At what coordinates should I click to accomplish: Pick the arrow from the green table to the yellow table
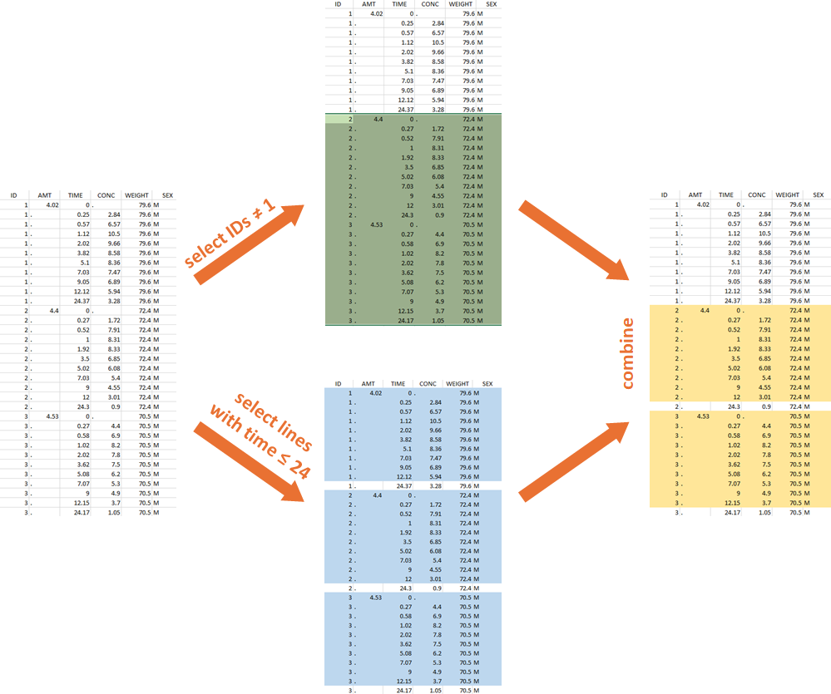[574, 240]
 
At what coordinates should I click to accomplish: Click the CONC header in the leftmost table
[106, 196]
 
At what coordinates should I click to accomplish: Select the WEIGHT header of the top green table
[460, 4]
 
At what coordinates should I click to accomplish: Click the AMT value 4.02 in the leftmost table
[52, 204]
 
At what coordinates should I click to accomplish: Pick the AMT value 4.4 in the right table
[704, 310]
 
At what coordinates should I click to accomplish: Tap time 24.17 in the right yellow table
[730, 513]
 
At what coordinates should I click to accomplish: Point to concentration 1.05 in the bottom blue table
[437, 690]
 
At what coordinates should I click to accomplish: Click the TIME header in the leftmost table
[75, 196]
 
